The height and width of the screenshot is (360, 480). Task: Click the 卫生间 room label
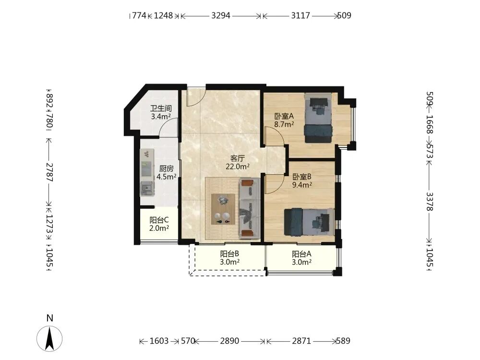click(161, 108)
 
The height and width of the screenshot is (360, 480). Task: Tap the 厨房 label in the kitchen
click(166, 168)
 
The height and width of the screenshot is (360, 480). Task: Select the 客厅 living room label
click(237, 158)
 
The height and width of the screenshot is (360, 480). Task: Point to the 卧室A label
click(284, 116)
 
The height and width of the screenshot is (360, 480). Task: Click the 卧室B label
click(302, 177)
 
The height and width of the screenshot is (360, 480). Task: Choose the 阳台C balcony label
click(159, 220)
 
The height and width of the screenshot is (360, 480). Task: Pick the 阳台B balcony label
click(229, 254)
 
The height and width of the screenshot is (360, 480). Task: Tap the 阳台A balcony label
click(301, 254)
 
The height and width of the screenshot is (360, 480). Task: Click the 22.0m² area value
click(237, 167)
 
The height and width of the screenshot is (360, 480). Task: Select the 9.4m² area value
click(302, 185)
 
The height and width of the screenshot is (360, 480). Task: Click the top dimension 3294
click(221, 15)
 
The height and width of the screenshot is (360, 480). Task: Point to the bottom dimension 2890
click(229, 341)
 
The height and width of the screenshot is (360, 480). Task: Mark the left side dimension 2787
click(49, 172)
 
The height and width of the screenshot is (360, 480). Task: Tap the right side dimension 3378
click(430, 202)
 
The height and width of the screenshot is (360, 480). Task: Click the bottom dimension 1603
click(159, 341)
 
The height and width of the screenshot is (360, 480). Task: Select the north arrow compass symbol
click(49, 338)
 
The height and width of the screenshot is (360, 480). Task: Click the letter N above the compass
click(49, 318)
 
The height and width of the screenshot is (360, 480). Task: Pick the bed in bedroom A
click(318, 118)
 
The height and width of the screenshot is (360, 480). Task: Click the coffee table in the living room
click(223, 209)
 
